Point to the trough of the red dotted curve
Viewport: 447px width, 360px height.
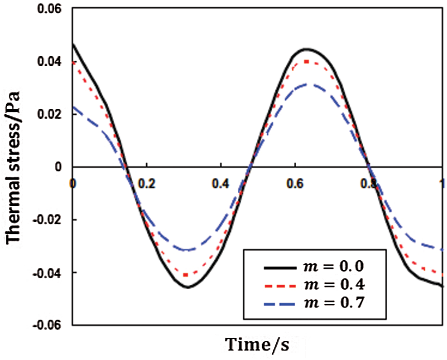pyautogui.click(x=186, y=275)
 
